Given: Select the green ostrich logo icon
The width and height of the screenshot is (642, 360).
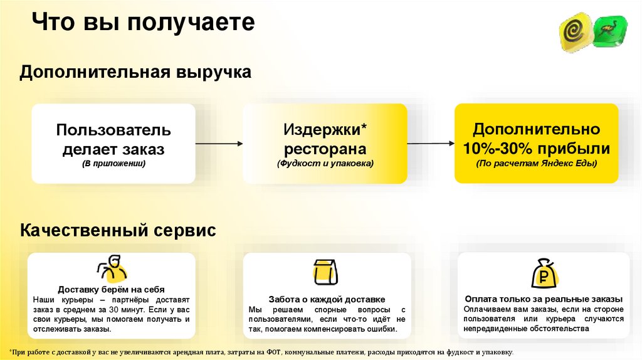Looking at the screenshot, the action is (x=609, y=31).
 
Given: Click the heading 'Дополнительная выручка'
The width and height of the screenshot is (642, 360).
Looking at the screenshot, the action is (x=135, y=72).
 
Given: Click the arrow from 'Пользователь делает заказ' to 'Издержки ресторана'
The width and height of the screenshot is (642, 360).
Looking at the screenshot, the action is (x=219, y=144).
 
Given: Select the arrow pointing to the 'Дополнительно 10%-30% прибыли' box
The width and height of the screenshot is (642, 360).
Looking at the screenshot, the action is (x=431, y=144).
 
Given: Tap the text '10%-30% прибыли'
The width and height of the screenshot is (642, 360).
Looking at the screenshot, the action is (x=536, y=149).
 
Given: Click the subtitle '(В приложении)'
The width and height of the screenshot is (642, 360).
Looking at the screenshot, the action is (x=113, y=164).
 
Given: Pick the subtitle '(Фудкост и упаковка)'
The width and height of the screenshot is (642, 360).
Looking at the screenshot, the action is (x=325, y=164).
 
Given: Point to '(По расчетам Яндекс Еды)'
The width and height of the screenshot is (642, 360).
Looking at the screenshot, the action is (x=536, y=164).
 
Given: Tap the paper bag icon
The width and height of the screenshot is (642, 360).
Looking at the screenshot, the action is (x=325, y=272).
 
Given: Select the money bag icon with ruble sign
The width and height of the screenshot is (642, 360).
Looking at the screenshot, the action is (x=544, y=273).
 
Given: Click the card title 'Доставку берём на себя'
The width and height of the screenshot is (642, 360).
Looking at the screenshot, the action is (x=112, y=289).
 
